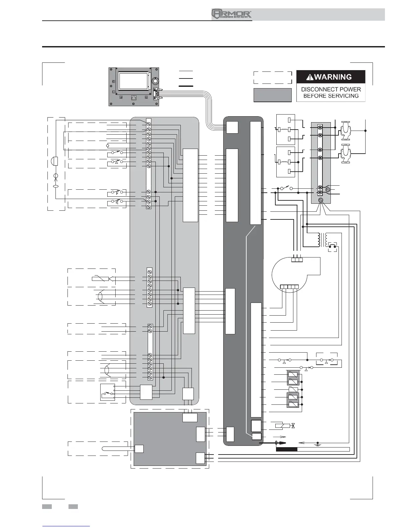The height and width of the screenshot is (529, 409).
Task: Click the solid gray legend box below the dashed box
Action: coord(273,95)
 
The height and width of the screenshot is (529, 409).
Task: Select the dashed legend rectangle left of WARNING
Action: coord(273,77)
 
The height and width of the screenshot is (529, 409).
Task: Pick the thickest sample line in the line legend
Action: coord(186,86)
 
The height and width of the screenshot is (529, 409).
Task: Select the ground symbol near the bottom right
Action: coord(318,445)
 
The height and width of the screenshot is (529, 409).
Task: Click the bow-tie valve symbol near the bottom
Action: coord(293,426)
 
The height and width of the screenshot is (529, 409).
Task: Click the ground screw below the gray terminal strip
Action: coord(321,200)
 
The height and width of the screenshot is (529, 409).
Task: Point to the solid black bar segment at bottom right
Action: coord(286,449)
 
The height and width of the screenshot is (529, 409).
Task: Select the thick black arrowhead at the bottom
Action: coord(282,443)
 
